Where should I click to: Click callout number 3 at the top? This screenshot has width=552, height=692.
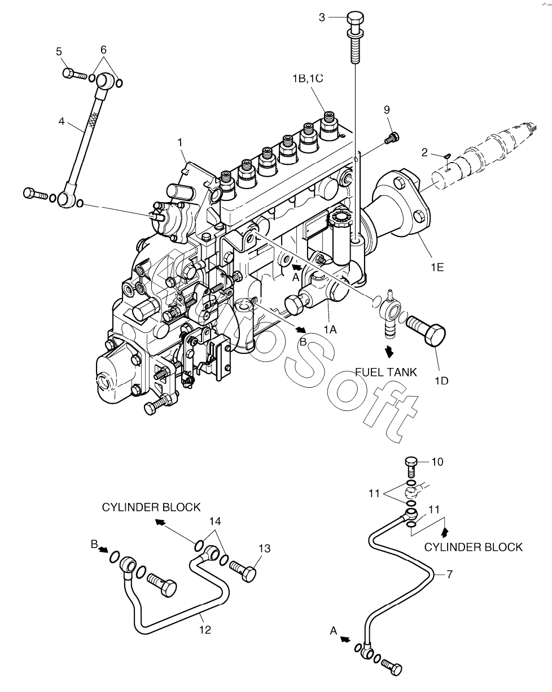pyautogui.click(x=322, y=17)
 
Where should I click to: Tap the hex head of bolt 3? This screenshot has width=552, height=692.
pyautogui.click(x=356, y=19)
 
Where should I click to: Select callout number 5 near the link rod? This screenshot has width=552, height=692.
pyautogui.click(x=59, y=51)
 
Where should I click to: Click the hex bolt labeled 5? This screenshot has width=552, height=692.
pyautogui.click(x=75, y=73)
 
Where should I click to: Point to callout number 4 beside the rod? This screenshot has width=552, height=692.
pyautogui.click(x=62, y=121)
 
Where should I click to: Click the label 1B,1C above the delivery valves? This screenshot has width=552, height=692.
pyautogui.click(x=308, y=78)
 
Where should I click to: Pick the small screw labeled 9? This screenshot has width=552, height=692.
pyautogui.click(x=392, y=138)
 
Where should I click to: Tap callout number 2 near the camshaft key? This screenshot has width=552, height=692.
pyautogui.click(x=424, y=152)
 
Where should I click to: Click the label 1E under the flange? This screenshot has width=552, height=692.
pyautogui.click(x=437, y=267)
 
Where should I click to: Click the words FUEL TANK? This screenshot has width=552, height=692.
pyautogui.click(x=385, y=373)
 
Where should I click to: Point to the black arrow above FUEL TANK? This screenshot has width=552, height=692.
pyautogui.click(x=389, y=351)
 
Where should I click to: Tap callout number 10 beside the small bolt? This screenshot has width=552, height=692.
pyautogui.click(x=437, y=462)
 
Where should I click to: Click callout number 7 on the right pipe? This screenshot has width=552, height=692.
pyautogui.click(x=449, y=574)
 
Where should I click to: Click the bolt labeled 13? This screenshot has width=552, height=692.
pyautogui.click(x=243, y=571)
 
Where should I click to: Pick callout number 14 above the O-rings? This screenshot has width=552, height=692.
pyautogui.click(x=215, y=521)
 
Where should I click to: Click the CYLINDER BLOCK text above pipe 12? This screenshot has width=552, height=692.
pyautogui.click(x=151, y=507)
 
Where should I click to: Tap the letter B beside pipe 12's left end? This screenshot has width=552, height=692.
pyautogui.click(x=94, y=544)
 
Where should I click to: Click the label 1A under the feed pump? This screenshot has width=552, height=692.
pyautogui.click(x=330, y=330)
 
